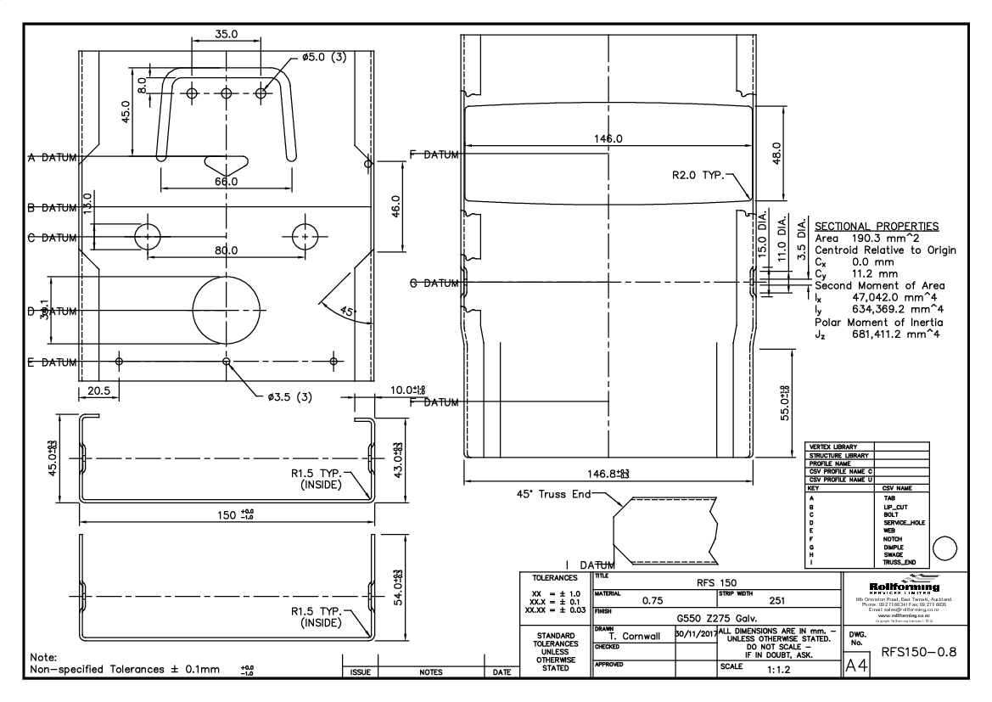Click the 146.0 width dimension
pos(608,139)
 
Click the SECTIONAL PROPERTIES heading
pos(877,227)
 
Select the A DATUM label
pos(51,157)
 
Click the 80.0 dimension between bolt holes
pos(226,251)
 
